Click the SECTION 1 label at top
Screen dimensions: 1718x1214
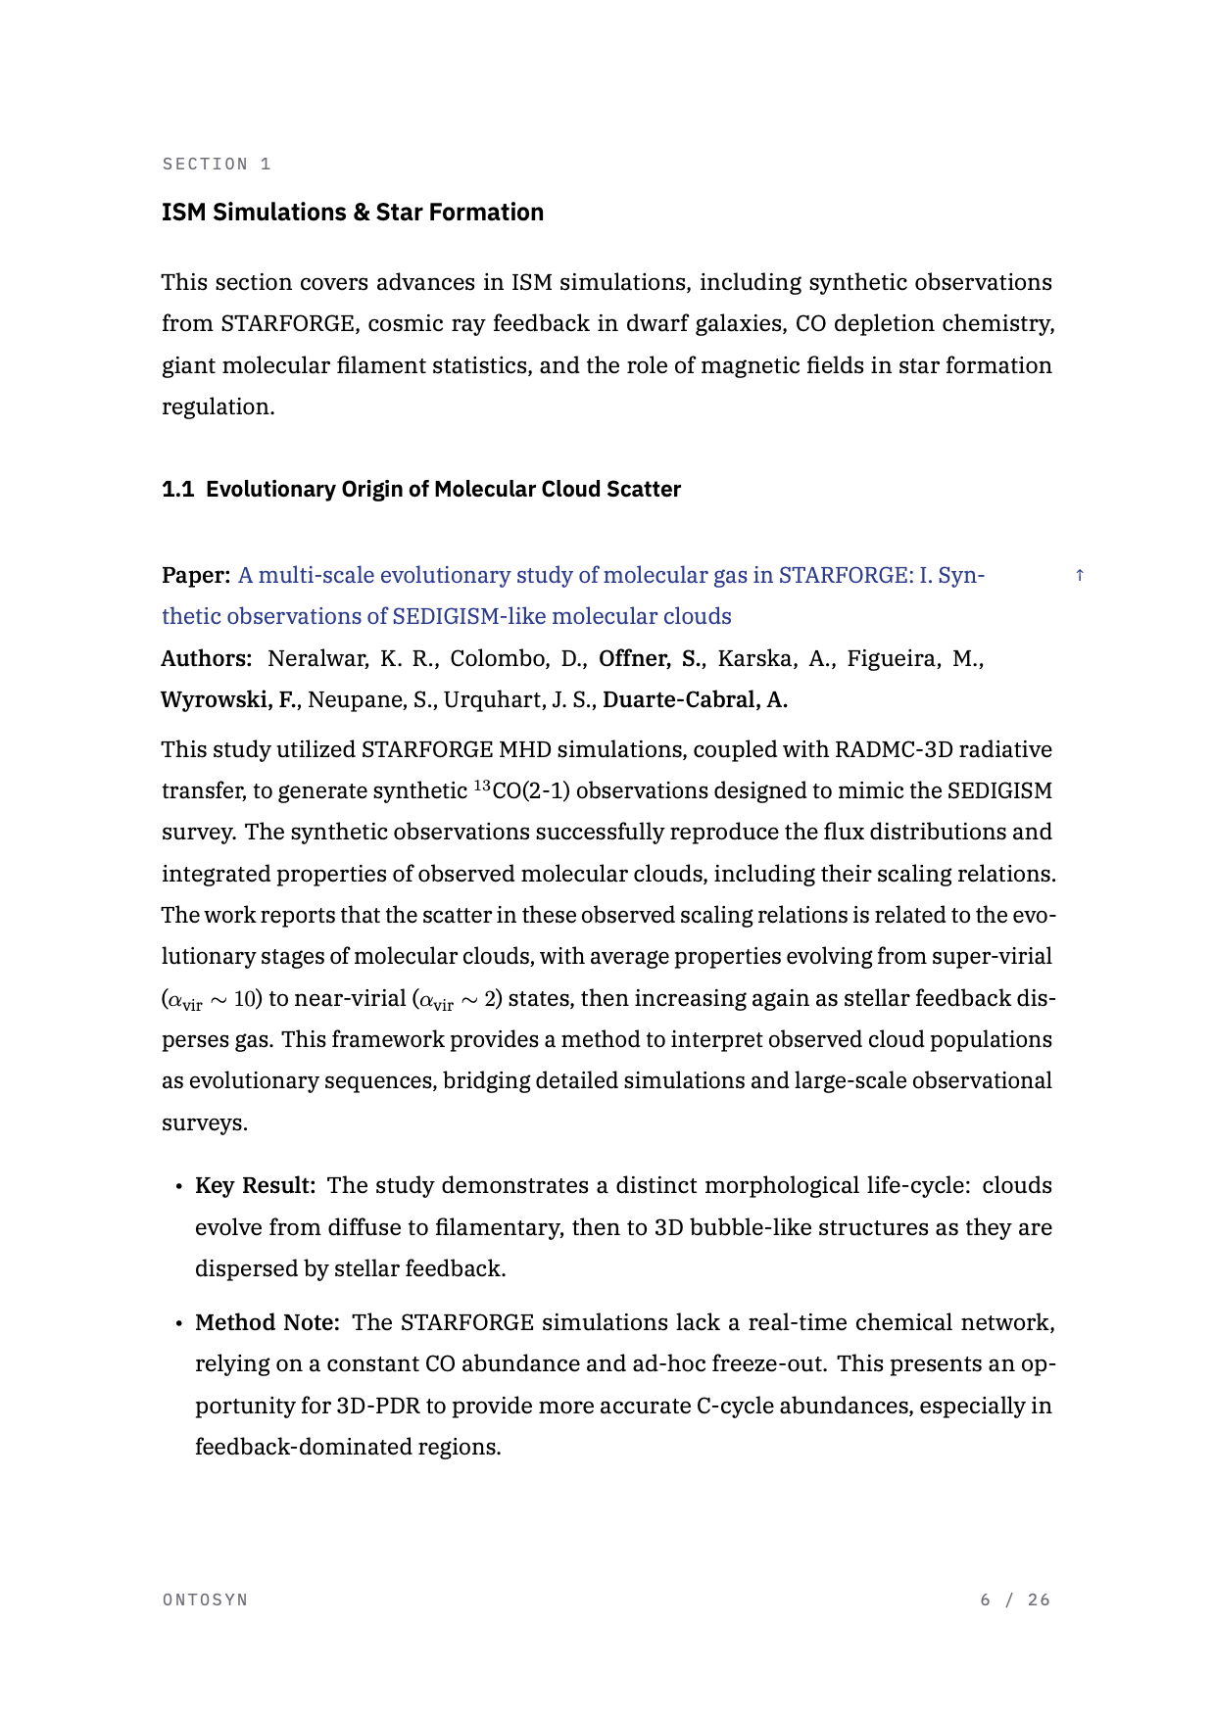[217, 165]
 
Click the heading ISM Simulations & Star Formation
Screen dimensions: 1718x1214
[352, 213]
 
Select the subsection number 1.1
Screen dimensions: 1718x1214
[177, 490]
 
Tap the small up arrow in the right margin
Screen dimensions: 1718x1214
[1080, 576]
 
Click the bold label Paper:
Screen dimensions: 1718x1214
[196, 576]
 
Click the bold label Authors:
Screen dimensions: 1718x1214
[206, 659]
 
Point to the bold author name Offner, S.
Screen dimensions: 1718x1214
[652, 659]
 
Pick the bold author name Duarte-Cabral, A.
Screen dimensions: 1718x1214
[695, 700]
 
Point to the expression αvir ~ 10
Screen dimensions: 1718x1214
[212, 1000]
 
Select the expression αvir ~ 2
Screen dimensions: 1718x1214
[459, 1000]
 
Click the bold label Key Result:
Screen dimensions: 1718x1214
[255, 1186]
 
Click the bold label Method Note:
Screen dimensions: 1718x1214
[267, 1323]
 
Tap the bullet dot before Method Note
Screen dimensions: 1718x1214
[178, 1324]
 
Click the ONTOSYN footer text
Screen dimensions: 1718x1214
[205, 1600]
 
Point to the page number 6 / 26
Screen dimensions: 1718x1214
[1015, 1600]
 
